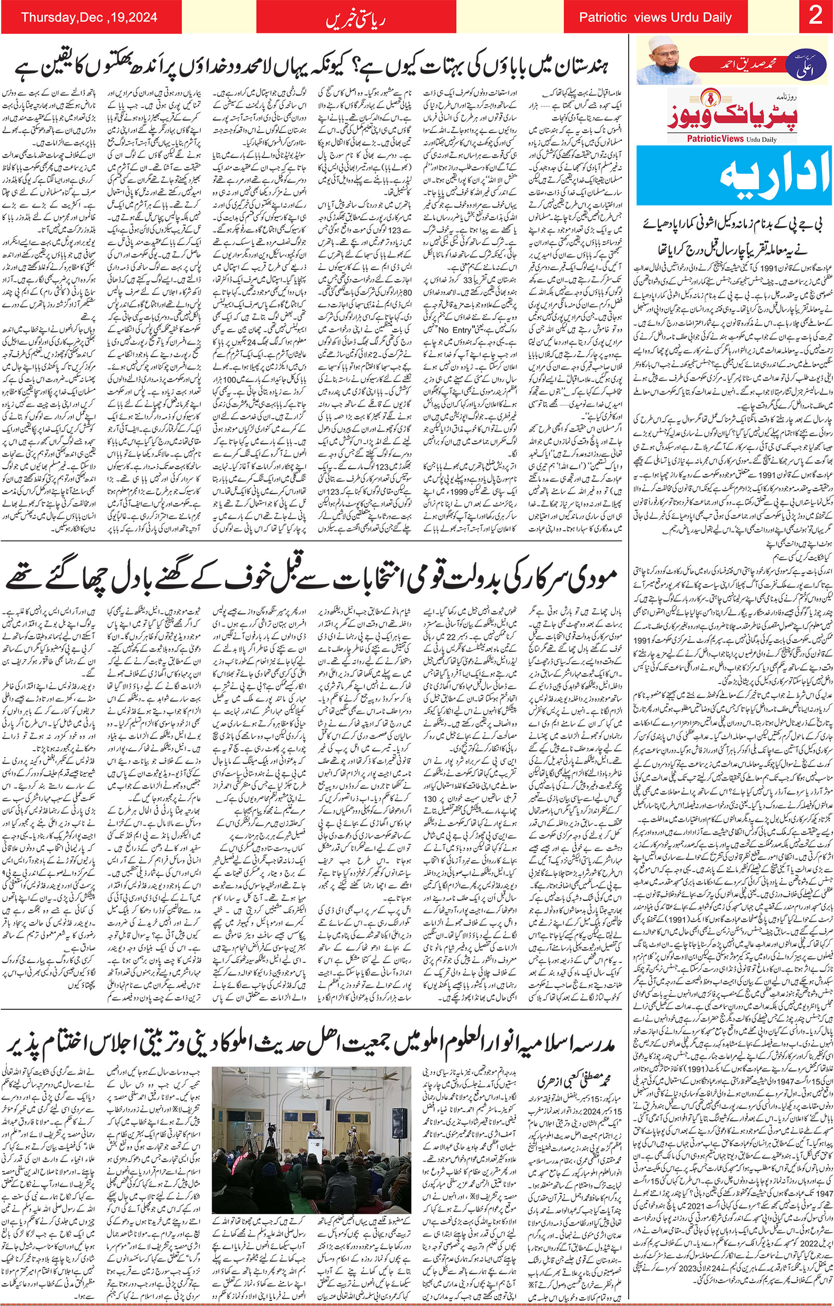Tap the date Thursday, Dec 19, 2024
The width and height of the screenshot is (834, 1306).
point(89,17)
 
